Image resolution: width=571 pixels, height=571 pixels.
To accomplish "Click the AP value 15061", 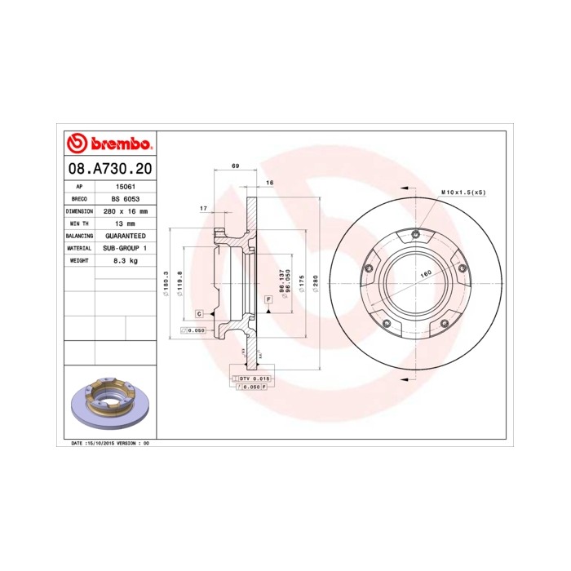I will coord(124,186).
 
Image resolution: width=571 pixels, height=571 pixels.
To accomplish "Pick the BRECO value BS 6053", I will coord(124,198).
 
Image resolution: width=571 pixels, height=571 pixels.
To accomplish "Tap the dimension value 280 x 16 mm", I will coord(124,210).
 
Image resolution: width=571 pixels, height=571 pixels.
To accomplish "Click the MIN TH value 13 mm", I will coord(124,223).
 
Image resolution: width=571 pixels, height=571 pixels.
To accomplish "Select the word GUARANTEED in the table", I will coord(124,235).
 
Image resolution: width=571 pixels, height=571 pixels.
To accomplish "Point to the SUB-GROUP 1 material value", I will coord(124,247).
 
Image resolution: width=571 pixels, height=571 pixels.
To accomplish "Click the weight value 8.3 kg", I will coord(124,259).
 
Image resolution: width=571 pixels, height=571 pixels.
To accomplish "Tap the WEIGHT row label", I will coord(79,259).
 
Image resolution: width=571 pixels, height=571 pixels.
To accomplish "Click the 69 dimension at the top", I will coord(236,166).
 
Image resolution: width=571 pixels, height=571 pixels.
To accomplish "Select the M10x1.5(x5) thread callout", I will coord(463,192).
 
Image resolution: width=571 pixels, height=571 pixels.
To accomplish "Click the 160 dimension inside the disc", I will coord(425,274).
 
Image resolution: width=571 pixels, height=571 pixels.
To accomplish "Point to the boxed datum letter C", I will coord(198,313).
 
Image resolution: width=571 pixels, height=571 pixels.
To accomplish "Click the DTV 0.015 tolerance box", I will coord(253,379).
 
